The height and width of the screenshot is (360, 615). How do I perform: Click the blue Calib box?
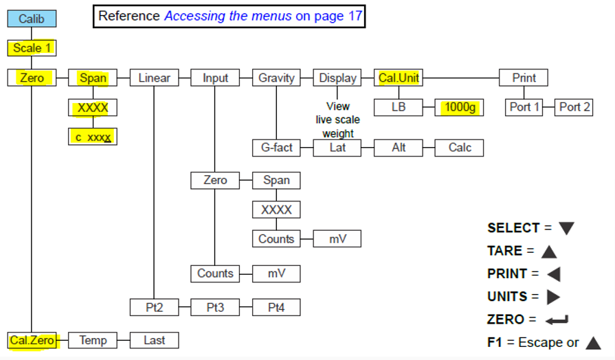tap(31, 19)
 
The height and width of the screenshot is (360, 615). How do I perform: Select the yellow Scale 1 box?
tap(32, 48)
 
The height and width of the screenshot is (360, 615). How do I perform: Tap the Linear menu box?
tap(154, 78)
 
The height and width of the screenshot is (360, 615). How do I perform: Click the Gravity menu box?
tap(276, 78)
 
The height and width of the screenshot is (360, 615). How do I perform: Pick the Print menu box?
tap(524, 78)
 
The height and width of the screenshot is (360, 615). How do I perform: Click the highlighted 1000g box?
tap(460, 107)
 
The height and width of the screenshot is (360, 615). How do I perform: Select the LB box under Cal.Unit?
tap(399, 107)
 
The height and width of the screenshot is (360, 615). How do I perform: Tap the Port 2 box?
tap(574, 107)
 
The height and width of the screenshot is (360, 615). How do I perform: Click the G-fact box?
tap(276, 148)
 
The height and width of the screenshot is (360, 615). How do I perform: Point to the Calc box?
tap(460, 148)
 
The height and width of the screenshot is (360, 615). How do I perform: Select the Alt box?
tap(399, 148)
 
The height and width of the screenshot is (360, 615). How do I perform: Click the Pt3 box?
tap(215, 307)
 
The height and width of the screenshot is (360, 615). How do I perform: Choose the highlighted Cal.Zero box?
tap(32, 339)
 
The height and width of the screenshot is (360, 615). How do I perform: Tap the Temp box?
tap(93, 339)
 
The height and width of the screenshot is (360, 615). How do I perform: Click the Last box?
tap(154, 339)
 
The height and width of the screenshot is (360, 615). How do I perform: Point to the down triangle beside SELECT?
tap(566, 228)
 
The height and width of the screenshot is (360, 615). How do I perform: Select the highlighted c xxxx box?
tap(93, 137)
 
